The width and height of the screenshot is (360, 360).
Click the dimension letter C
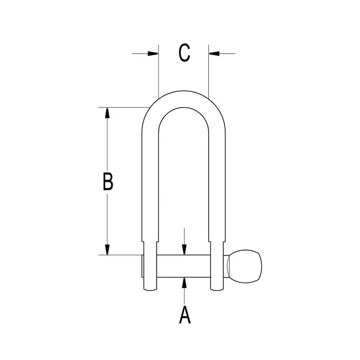tap(184, 53)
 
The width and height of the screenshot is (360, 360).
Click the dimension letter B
tap(107, 182)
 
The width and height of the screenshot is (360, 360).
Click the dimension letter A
tap(184, 314)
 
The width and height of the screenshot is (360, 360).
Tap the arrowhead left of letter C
tap(154, 53)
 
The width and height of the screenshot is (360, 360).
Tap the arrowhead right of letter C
tap(213, 53)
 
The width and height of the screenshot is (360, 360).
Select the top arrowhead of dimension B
tap(107, 112)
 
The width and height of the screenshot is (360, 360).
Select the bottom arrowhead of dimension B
tap(107, 250)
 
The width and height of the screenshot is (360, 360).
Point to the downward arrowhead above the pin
tap(184, 250)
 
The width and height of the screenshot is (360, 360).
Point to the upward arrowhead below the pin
tap(184, 283)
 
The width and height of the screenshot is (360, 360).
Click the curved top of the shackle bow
tap(184, 98)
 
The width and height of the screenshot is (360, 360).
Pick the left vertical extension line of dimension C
tap(159, 72)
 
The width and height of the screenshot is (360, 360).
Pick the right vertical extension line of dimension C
tap(209, 72)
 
